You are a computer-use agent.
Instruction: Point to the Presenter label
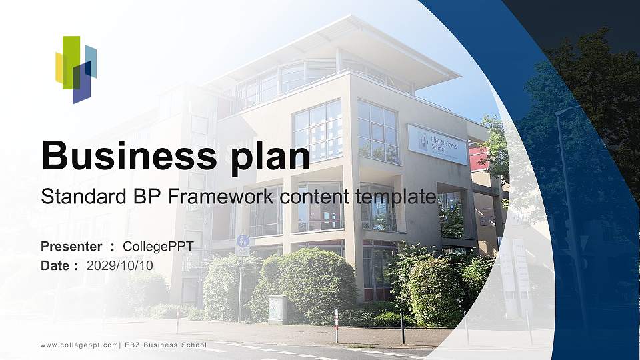71,247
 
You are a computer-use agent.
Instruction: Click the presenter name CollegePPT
158,247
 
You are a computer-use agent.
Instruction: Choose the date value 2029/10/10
120,265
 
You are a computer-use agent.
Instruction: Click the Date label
56,265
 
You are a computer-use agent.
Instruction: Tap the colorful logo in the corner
75,69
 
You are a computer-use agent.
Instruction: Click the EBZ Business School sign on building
437,144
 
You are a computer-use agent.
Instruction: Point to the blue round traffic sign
242,240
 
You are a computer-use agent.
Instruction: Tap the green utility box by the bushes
277,309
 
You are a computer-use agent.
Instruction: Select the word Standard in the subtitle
74,197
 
